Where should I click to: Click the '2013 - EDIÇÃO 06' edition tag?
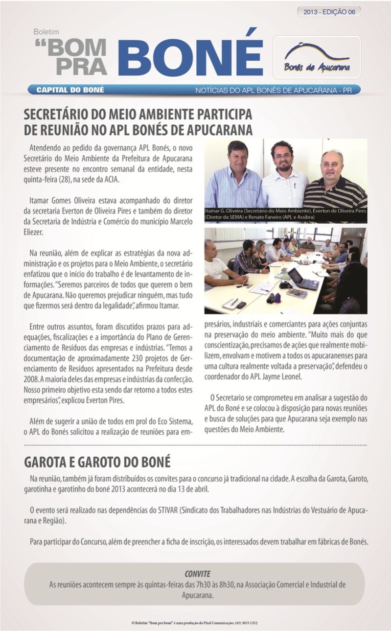pos(329,12)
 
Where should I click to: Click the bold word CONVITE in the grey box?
pos(197,573)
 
